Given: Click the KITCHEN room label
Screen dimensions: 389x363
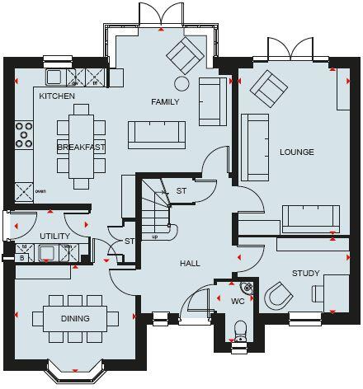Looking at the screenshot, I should coord(57,96).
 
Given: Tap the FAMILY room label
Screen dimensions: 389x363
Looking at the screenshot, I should coord(165,101).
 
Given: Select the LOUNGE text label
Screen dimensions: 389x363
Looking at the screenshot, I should coord(296,152).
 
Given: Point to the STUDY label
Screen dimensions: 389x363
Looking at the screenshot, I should coord(305,273).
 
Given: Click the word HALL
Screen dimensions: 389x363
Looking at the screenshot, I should coord(191,264).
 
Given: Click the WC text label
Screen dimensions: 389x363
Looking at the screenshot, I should coord(238,301).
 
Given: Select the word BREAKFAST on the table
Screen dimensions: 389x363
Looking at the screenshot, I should coord(81,147).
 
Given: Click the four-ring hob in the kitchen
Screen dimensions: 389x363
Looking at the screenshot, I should coord(24,134).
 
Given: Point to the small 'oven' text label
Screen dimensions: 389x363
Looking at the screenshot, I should coord(40,191).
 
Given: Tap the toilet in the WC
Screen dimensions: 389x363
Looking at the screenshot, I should coord(241,332).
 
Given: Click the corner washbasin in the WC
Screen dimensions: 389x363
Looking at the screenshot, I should coord(247,288).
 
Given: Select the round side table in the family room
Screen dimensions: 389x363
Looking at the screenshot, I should coord(181,82).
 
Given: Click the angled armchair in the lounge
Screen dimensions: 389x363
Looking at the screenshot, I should coord(266,84).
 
